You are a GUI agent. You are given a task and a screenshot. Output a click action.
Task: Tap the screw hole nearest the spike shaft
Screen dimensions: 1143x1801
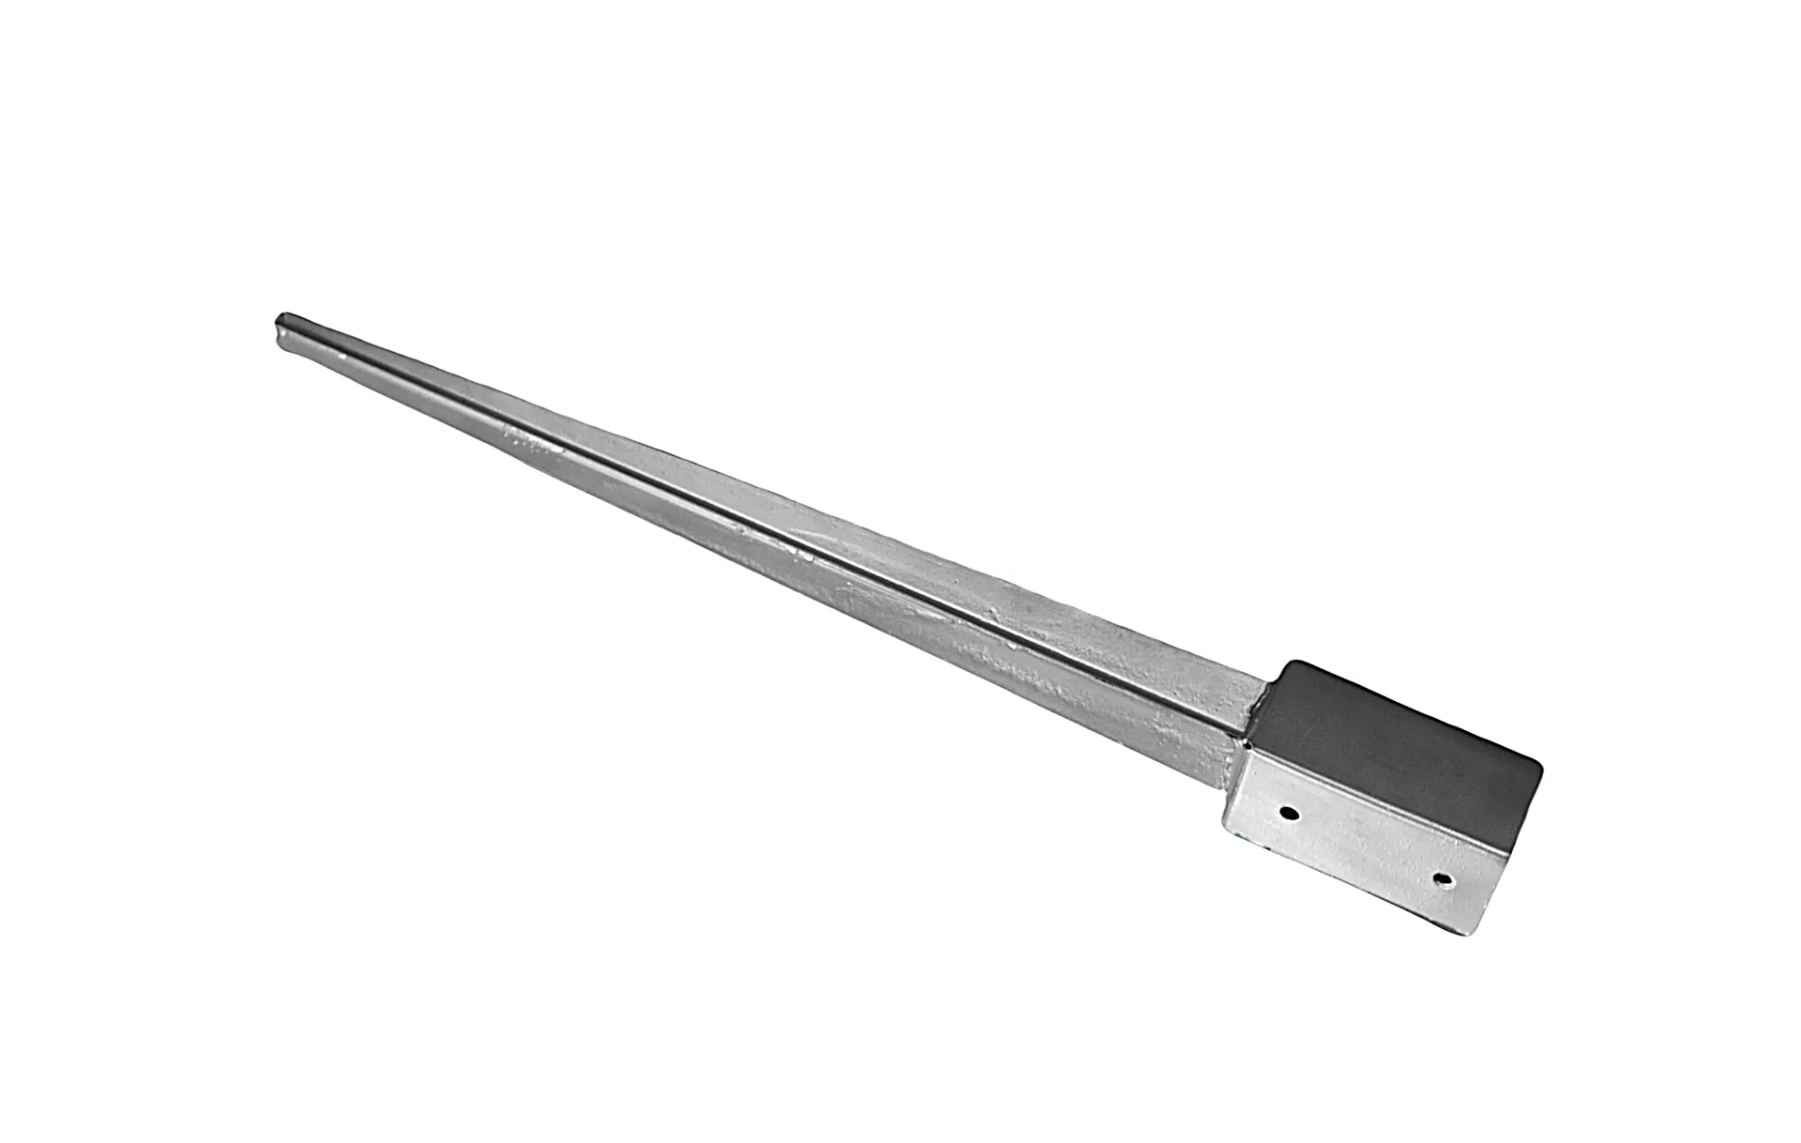pyautogui.click(x=1292, y=814)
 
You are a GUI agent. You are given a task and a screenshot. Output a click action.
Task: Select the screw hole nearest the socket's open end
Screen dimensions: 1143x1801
pyautogui.click(x=1444, y=879)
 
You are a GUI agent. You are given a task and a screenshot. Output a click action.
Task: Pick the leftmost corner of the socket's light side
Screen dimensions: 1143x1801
pyautogui.click(x=1223, y=823)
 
